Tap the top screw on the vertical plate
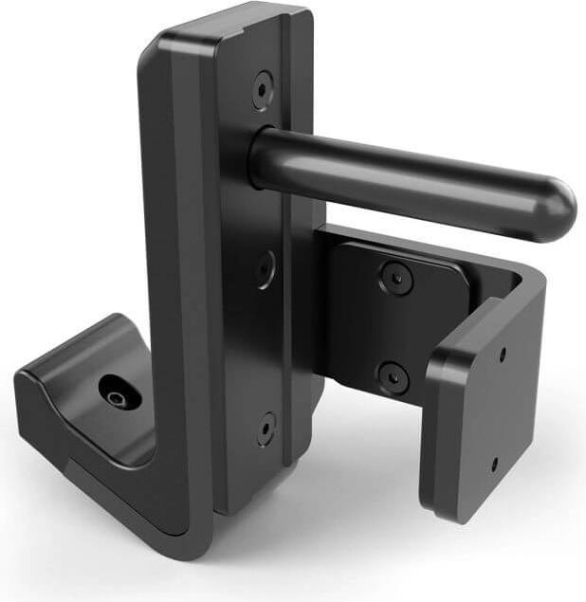(262, 90)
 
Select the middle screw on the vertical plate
(265, 270)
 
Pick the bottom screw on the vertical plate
(266, 429)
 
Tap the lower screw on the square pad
(393, 376)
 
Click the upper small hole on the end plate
(502, 356)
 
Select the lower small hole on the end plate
(494, 465)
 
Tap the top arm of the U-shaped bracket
(427, 246)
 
